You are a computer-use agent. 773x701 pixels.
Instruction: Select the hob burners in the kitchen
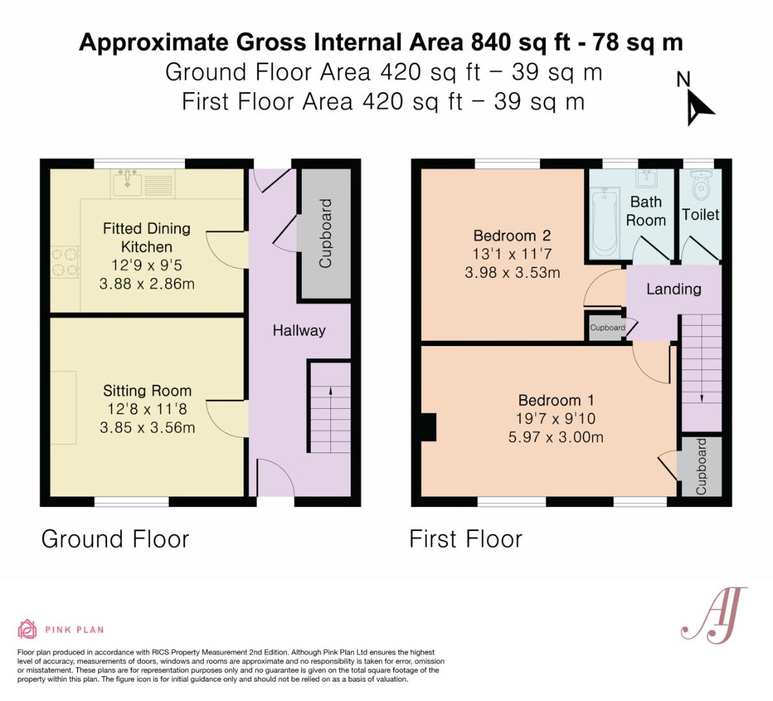pos(65,262)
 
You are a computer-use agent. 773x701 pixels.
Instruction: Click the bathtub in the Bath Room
pos(605,223)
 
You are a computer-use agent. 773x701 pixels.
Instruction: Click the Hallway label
pos(299,330)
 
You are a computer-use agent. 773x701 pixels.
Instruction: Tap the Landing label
pos(674,289)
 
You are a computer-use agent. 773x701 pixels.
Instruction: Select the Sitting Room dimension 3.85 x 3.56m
pos(147,427)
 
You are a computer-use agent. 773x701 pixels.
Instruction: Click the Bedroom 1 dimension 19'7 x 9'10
pos(556,419)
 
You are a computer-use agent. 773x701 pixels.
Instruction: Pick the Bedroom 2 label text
pos(512,236)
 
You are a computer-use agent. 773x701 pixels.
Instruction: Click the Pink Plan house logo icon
pos(27,629)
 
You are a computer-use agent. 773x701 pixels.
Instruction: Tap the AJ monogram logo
pos(713,615)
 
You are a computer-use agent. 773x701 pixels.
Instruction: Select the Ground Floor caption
pos(116,539)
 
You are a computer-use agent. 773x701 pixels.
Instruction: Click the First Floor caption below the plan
pos(466,539)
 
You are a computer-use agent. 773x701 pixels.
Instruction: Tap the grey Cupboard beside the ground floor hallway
pos(326,233)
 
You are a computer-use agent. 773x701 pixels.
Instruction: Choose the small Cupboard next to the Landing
pos(607,327)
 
